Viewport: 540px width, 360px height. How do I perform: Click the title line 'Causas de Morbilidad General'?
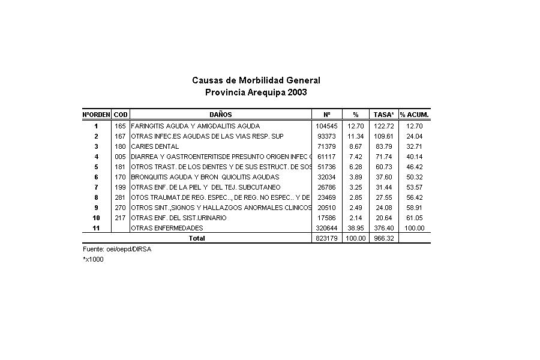[x=256, y=80]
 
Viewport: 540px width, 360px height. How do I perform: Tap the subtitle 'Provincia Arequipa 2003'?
[x=256, y=92]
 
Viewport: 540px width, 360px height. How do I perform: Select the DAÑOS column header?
[x=221, y=115]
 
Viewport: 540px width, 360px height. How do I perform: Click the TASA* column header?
[x=383, y=115]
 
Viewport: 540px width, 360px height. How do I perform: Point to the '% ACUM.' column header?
[x=415, y=115]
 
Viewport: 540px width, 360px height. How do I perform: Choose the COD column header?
[x=120, y=115]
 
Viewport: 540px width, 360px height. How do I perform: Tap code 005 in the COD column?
[x=120, y=157]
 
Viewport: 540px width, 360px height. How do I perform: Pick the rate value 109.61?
[x=383, y=137]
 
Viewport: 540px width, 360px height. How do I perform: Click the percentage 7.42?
[x=355, y=157]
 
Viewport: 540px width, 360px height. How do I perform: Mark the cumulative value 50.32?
[x=415, y=178]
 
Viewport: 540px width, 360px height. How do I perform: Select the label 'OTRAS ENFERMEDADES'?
[x=167, y=229]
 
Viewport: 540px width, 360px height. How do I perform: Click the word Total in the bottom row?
[x=197, y=239]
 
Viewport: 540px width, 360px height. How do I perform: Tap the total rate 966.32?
[x=383, y=239]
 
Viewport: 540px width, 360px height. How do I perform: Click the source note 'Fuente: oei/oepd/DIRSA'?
[x=117, y=249]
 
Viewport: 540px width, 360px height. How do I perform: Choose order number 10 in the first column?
[x=96, y=218]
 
